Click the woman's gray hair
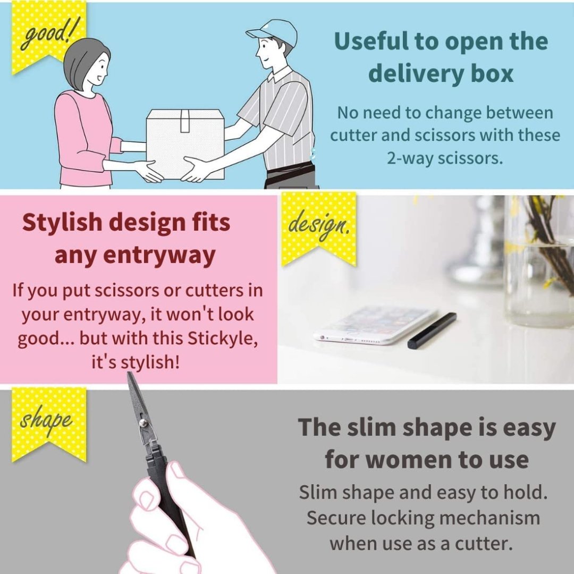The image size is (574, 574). point(85,58)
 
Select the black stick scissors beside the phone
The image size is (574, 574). point(432,331)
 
